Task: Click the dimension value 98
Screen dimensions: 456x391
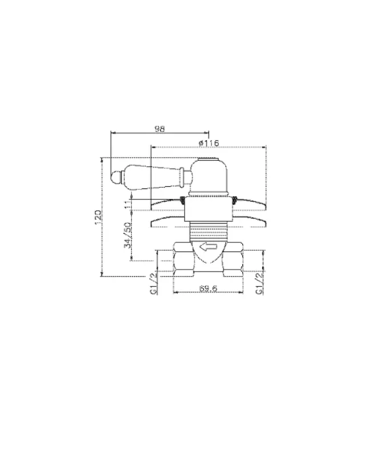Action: [160, 129]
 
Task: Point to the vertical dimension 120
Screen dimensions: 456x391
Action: [98, 217]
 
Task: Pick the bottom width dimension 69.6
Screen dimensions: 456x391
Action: [208, 288]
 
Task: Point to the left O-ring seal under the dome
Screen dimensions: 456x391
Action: [182, 199]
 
